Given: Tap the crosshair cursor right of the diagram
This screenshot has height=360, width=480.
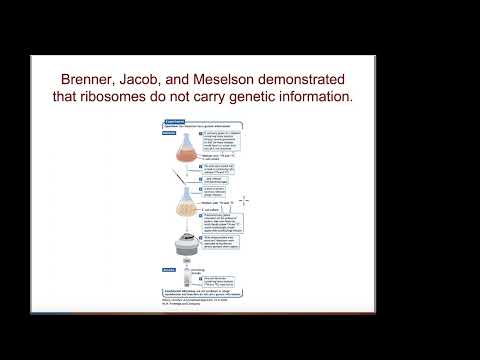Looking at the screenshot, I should coord(243,200).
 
